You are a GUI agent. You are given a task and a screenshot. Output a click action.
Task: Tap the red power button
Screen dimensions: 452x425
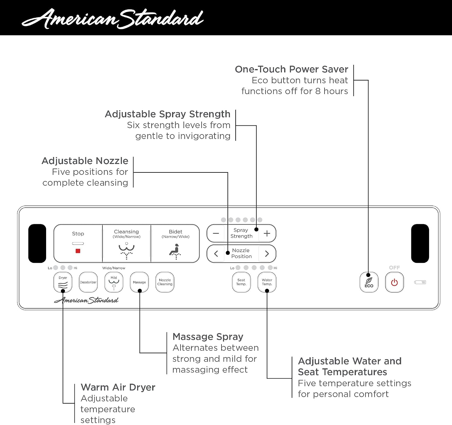click(394, 282)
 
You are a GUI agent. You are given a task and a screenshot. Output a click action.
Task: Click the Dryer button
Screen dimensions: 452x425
click(63, 282)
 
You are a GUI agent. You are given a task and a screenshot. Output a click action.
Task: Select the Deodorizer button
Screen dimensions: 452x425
click(88, 282)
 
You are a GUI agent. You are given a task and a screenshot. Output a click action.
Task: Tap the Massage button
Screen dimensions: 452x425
click(139, 282)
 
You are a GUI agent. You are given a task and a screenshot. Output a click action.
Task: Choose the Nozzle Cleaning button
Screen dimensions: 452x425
click(165, 282)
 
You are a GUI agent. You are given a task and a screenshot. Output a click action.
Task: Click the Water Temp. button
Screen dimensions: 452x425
click(267, 282)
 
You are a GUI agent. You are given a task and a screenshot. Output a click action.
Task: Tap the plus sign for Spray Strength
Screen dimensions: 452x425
click(267, 233)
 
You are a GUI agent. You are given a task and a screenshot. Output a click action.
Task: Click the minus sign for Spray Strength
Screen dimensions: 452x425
click(216, 233)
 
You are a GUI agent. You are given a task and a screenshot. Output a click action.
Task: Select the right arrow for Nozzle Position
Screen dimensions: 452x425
click(267, 253)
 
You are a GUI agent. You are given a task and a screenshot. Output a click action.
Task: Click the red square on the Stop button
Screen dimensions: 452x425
click(78, 251)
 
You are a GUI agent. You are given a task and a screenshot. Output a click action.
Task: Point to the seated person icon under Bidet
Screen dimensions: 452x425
click(175, 251)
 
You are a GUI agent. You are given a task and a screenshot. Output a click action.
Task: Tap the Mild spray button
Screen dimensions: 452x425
click(114, 282)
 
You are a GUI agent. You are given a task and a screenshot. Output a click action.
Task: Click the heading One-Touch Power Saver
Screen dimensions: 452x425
click(291, 69)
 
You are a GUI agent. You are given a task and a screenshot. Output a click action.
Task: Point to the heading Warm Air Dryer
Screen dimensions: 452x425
click(118, 387)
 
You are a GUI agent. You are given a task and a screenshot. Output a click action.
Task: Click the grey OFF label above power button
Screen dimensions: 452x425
click(394, 268)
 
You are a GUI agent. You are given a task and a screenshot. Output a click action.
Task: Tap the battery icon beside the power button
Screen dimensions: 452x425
click(420, 282)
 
